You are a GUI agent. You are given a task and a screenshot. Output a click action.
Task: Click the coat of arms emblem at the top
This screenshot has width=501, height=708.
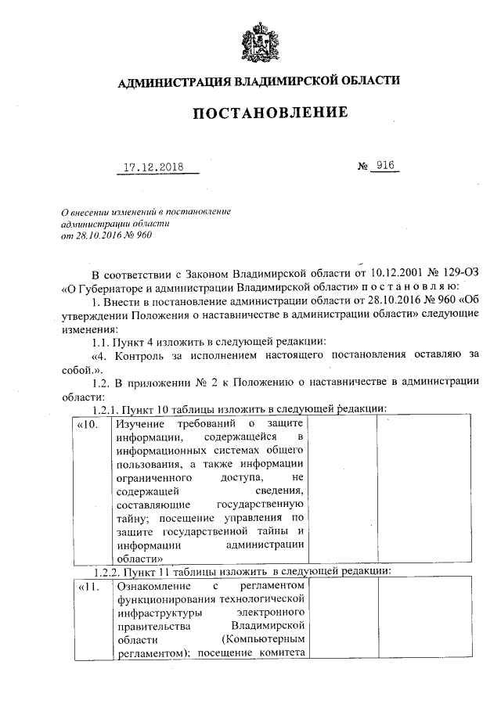click(x=259, y=42)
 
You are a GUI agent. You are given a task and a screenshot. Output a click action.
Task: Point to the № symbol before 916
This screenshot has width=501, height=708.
click(x=363, y=167)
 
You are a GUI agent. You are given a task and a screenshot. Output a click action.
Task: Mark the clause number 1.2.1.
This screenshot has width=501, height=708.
click(x=111, y=408)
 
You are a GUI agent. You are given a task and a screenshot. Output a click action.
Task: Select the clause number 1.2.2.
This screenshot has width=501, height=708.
click(x=111, y=570)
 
